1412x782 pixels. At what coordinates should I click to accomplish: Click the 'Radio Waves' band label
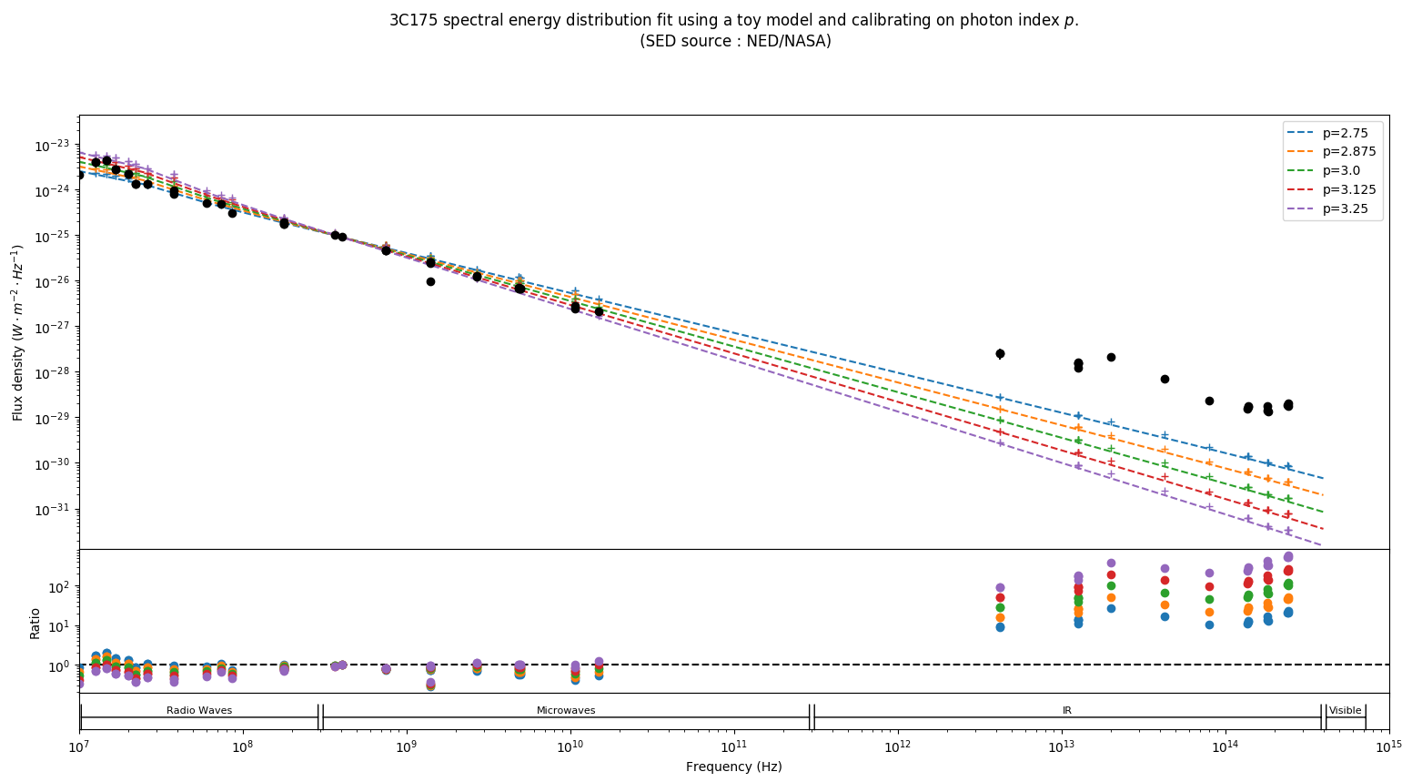(x=199, y=710)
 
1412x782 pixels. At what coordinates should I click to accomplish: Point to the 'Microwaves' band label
(x=566, y=710)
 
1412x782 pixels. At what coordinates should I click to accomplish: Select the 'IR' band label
(x=1067, y=710)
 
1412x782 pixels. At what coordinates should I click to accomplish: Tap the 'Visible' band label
(x=1346, y=710)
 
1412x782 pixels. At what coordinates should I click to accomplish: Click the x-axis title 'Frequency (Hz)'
(x=733, y=767)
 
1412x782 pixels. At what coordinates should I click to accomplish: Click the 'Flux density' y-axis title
(x=18, y=332)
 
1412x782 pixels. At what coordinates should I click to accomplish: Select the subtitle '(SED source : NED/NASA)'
(x=734, y=41)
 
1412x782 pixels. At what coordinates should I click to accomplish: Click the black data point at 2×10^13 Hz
(x=1111, y=357)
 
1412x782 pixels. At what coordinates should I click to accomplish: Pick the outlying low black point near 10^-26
(x=430, y=281)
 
